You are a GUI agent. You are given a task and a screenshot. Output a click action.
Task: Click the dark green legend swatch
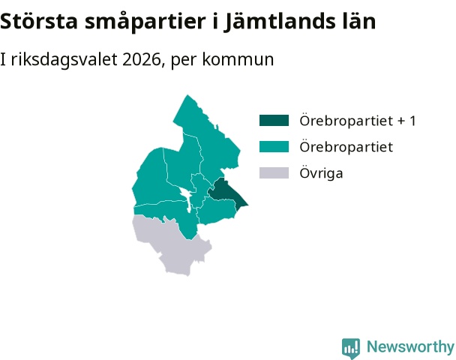274,121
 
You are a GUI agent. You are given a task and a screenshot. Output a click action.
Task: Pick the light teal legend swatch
274,146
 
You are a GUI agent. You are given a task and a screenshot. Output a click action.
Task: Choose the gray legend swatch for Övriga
274,172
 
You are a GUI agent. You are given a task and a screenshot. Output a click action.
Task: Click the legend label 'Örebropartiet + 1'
358,121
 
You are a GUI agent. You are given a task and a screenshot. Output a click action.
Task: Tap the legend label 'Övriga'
321,172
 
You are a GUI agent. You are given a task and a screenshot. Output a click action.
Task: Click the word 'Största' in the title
39,21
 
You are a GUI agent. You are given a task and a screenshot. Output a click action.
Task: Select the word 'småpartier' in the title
145,22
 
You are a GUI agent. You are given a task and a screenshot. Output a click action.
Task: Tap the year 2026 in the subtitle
142,59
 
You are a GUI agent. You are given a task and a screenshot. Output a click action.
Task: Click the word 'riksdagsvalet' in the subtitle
64,60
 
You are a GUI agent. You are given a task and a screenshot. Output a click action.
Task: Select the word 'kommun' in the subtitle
238,59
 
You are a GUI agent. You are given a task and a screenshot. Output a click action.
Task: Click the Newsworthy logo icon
351,348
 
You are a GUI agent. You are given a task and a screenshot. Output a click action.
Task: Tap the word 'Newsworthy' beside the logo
410,346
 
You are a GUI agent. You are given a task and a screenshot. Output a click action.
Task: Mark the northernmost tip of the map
187,94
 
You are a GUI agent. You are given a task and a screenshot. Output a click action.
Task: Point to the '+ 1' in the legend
406,121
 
